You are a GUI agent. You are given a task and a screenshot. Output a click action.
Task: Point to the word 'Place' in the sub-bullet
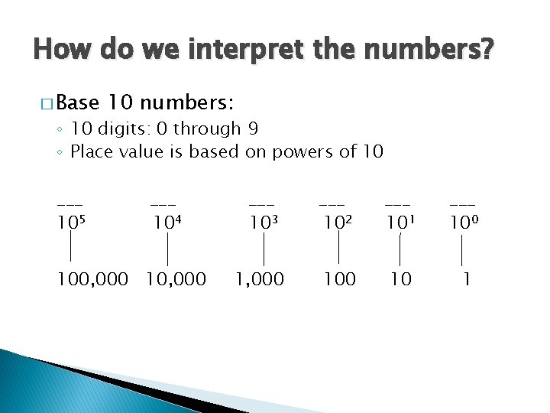[x=92, y=151]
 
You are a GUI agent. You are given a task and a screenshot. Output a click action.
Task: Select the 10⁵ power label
[x=70, y=223]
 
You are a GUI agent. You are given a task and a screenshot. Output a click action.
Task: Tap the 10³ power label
[x=264, y=223]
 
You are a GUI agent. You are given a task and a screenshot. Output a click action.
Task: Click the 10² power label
[x=337, y=223]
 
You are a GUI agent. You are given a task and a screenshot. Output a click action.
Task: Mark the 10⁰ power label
[x=464, y=223]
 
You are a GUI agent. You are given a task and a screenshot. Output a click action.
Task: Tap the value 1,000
[x=260, y=280]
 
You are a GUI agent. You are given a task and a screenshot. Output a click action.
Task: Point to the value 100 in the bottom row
[x=340, y=280]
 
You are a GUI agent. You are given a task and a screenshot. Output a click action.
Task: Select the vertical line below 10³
[x=264, y=250]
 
